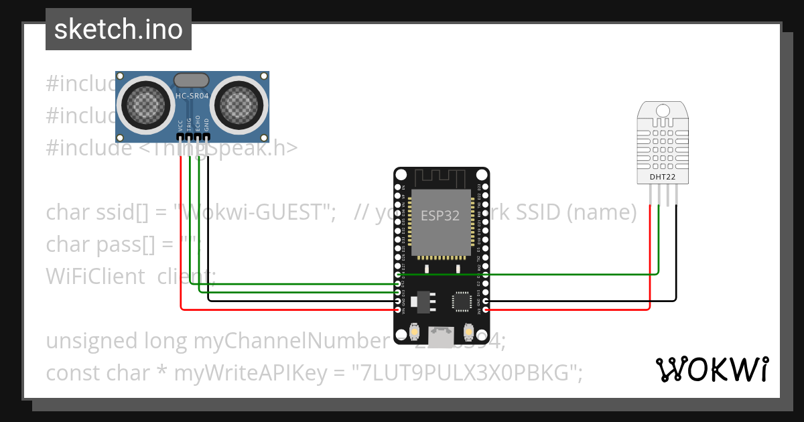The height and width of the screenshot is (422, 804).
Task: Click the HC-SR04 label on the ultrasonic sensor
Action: (x=192, y=96)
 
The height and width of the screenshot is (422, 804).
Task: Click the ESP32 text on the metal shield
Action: (x=440, y=216)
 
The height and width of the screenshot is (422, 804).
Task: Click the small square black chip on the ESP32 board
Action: (x=462, y=301)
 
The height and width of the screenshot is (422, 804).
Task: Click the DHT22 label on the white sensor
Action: (x=663, y=177)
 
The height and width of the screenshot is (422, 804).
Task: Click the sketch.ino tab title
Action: (x=119, y=29)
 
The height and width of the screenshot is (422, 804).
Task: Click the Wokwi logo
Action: (x=712, y=369)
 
